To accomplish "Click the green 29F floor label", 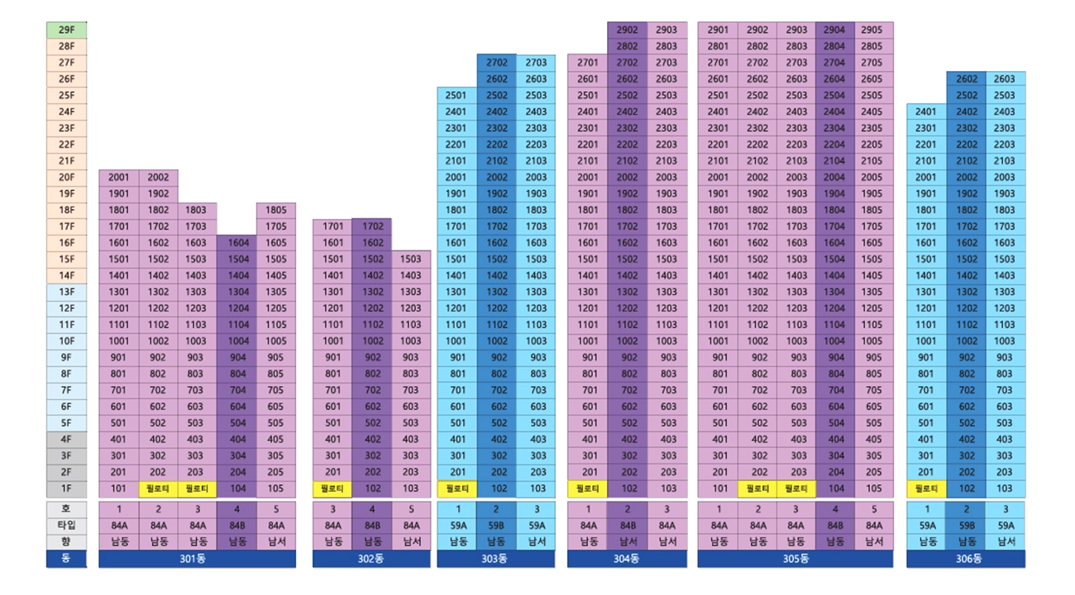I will (x=66, y=30).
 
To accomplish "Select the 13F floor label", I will (x=66, y=292).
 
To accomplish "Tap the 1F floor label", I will (x=66, y=488).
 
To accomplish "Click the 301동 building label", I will (x=197, y=559).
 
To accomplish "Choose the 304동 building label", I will (x=627, y=559).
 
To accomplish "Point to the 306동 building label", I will (x=966, y=559).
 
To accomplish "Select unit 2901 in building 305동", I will (x=718, y=30).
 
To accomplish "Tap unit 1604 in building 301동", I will (x=236, y=243).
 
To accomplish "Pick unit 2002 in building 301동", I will (x=158, y=177).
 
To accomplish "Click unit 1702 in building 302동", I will (x=372, y=226).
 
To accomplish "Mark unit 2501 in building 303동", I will (x=456, y=95).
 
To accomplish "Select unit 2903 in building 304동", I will (x=666, y=30).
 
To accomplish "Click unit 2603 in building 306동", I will (x=1005, y=79).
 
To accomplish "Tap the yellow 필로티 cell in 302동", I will (x=332, y=488).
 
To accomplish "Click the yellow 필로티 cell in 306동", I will (x=926, y=488).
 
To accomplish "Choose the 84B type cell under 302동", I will (x=372, y=526).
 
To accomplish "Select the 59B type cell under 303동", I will (x=497, y=526).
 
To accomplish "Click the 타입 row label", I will (x=66, y=526).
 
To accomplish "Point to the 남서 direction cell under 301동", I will (x=276, y=542).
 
